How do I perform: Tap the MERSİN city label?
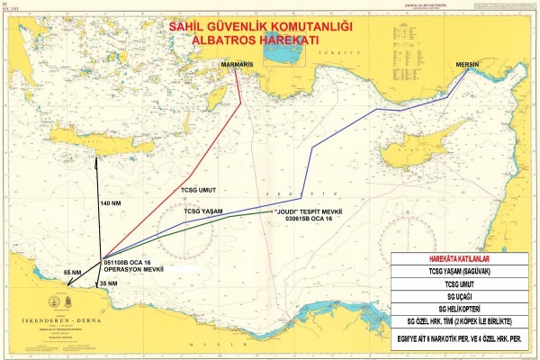click(468, 65)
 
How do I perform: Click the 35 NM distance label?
click(107, 283)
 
